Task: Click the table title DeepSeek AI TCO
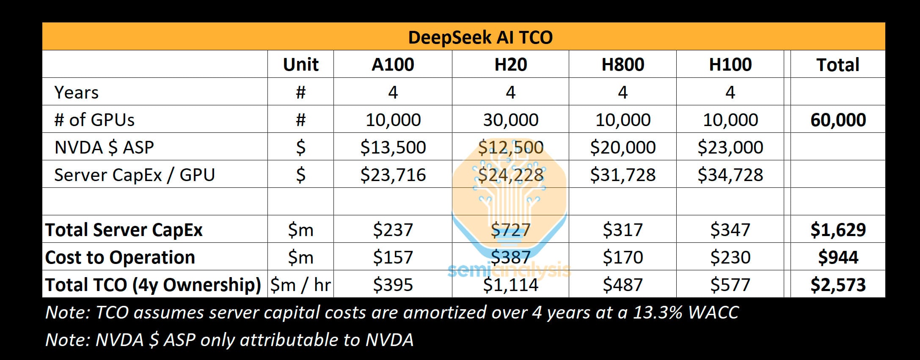[x=480, y=37]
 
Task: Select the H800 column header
[x=623, y=65]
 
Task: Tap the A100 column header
[x=393, y=65]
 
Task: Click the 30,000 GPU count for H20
[x=510, y=120]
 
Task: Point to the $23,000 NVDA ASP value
[x=730, y=147]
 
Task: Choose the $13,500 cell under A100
[x=393, y=147]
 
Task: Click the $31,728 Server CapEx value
[x=623, y=175]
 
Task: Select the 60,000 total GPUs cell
[x=838, y=120]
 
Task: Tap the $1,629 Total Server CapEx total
[x=838, y=230]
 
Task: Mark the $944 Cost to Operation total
[x=838, y=257]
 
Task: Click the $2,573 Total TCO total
[x=838, y=285]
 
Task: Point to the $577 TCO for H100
[x=730, y=285]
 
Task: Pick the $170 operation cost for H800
[x=623, y=257]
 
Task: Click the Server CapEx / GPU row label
[x=135, y=175]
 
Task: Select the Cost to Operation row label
[x=120, y=257]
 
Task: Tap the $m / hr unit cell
[x=300, y=285]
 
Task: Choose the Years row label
[x=76, y=93]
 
